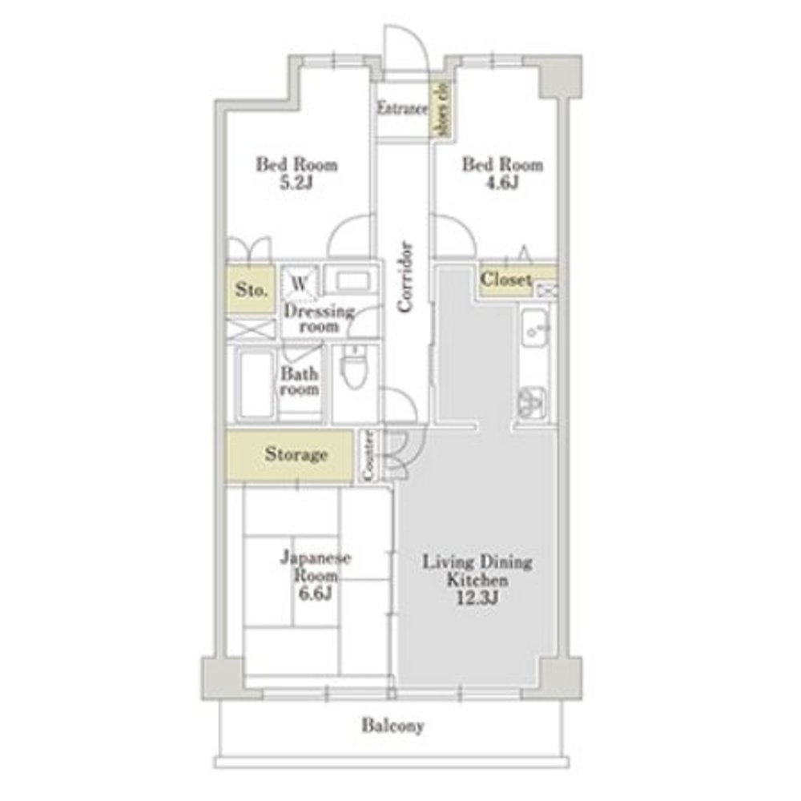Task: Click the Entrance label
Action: tap(402, 108)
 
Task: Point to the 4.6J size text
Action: tap(502, 183)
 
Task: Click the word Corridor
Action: tap(405, 276)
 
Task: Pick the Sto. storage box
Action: tap(252, 289)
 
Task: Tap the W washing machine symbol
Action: tap(300, 283)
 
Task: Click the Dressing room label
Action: tap(319, 318)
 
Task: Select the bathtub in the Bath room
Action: tap(256, 384)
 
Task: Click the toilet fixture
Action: tap(353, 368)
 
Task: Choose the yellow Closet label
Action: tap(505, 279)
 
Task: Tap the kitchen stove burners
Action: tap(532, 403)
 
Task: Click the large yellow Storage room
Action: tap(290, 456)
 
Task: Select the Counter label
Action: tap(368, 455)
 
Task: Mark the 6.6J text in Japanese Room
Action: tap(315, 594)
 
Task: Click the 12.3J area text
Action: tap(477, 598)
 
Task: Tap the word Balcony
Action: tap(392, 726)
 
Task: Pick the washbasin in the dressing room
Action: tap(353, 281)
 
